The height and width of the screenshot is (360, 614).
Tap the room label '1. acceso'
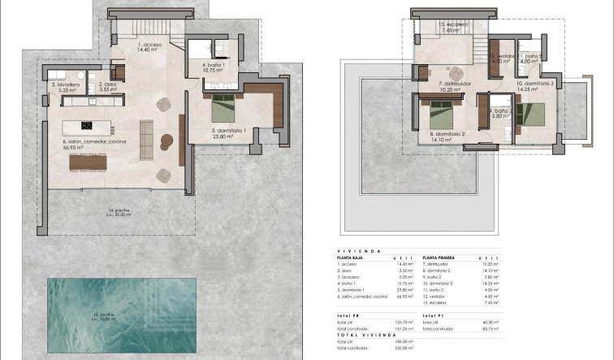(x=149, y=47)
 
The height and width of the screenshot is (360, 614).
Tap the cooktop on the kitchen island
(x=88, y=124)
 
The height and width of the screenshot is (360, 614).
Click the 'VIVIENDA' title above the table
(x=357, y=251)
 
